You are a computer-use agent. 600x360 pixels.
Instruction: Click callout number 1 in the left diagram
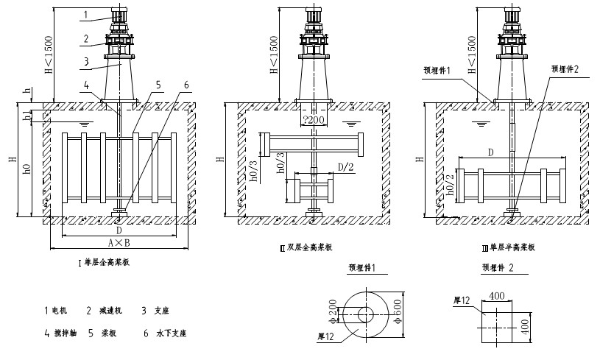point(85,15)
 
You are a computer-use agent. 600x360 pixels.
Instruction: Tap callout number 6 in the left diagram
point(186,85)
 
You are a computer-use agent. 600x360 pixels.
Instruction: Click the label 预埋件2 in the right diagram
point(565,68)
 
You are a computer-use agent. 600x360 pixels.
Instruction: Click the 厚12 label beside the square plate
point(462,300)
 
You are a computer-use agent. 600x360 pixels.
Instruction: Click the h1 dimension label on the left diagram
point(29,117)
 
